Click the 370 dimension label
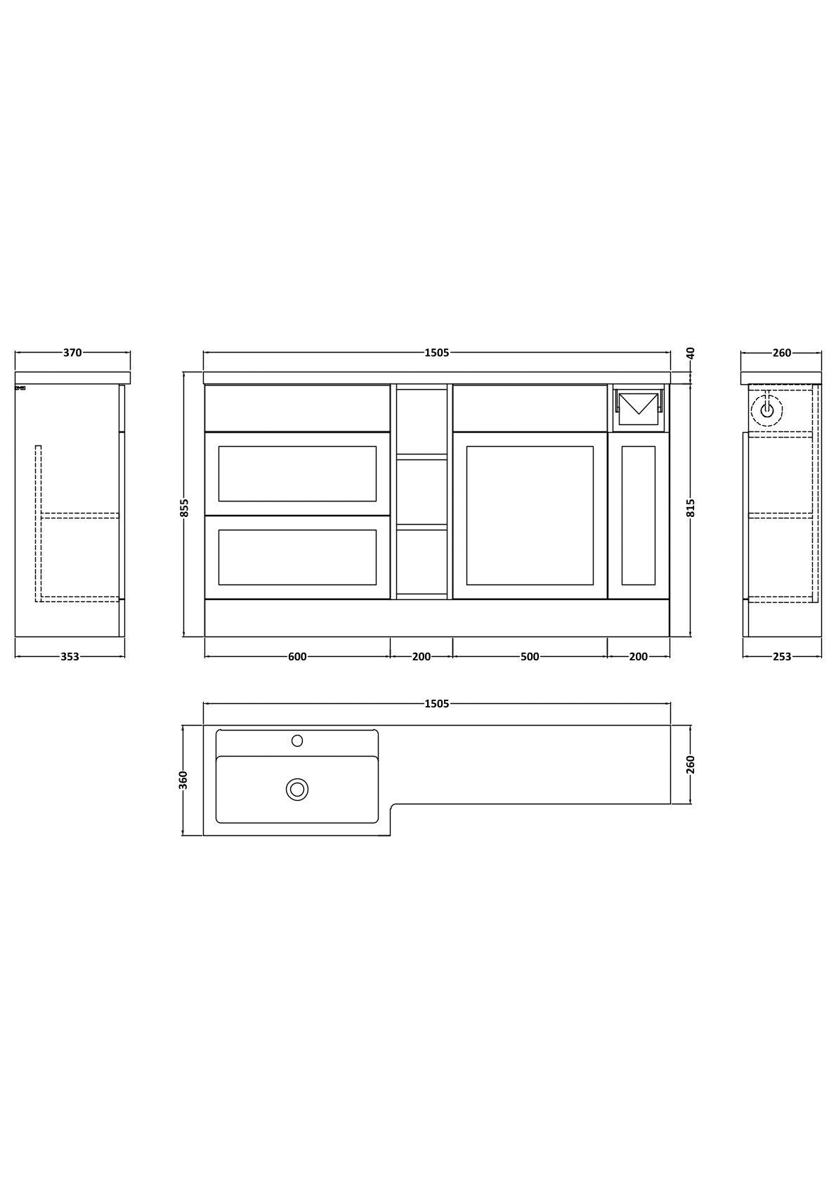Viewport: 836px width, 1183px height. pos(72,353)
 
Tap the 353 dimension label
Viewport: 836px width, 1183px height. pos(70,656)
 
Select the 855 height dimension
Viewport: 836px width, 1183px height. pos(184,508)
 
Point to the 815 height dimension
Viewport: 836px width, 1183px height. pos(691,508)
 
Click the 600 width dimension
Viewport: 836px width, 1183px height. pos(297,656)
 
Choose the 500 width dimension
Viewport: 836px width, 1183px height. pos(530,656)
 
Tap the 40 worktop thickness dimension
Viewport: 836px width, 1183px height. pos(691,353)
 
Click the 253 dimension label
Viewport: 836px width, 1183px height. pos(782,656)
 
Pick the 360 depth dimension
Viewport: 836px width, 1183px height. pos(184,780)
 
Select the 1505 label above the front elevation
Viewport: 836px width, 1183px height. pos(437,353)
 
